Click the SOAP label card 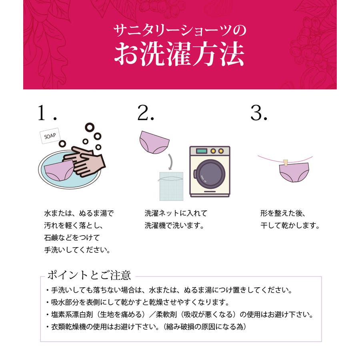(x=50, y=136)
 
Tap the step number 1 (x=47, y=112)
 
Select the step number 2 (x=146, y=112)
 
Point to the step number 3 (x=259, y=112)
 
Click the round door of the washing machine (x=210, y=174)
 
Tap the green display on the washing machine (x=201, y=151)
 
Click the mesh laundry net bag (x=171, y=186)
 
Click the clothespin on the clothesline (x=286, y=162)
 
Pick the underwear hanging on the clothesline (x=294, y=173)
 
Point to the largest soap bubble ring (x=90, y=127)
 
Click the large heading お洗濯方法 (x=179, y=54)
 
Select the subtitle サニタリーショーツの (x=180, y=30)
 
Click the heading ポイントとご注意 (x=89, y=275)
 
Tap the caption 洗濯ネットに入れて (x=176, y=213)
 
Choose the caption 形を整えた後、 (x=283, y=213)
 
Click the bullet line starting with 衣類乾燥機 (x=146, y=326)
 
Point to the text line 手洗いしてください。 (x=77, y=250)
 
